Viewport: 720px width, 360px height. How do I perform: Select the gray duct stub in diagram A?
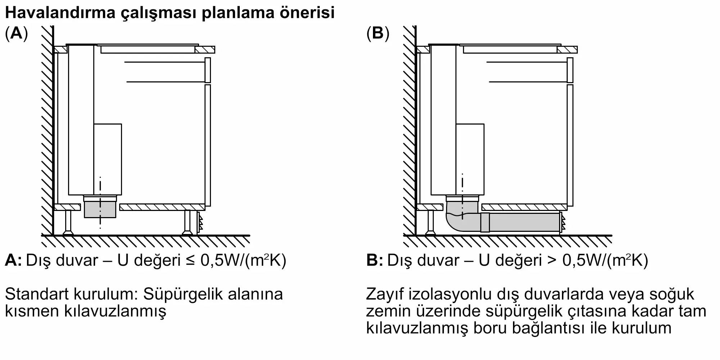pos(100,210)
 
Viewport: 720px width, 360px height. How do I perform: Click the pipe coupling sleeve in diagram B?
pos(485,222)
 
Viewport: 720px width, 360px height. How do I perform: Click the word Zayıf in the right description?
pos(385,294)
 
